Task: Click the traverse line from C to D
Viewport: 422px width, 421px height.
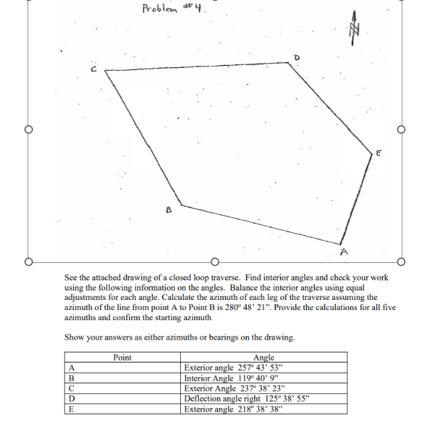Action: point(198,68)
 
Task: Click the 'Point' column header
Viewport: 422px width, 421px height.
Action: point(122,357)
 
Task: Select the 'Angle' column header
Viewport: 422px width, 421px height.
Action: point(264,357)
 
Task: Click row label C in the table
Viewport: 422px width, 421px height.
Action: point(72,388)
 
